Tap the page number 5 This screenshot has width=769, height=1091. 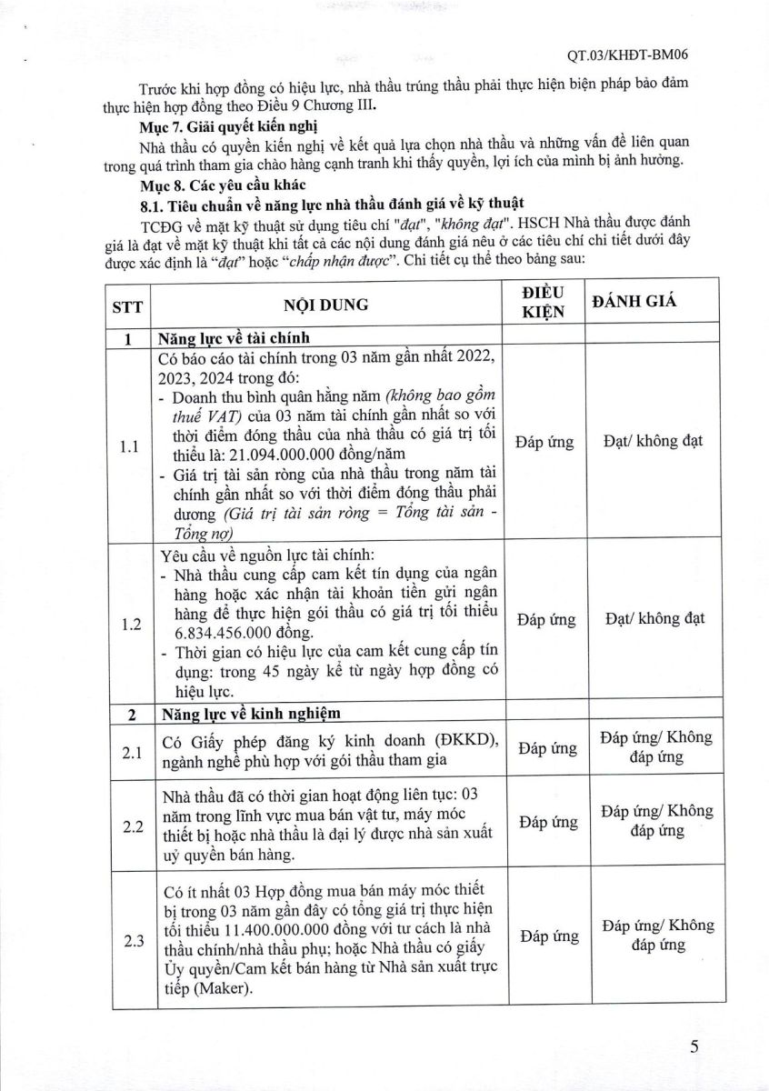(694, 1046)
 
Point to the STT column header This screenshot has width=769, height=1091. (126, 305)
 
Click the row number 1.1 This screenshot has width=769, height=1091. (127, 448)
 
